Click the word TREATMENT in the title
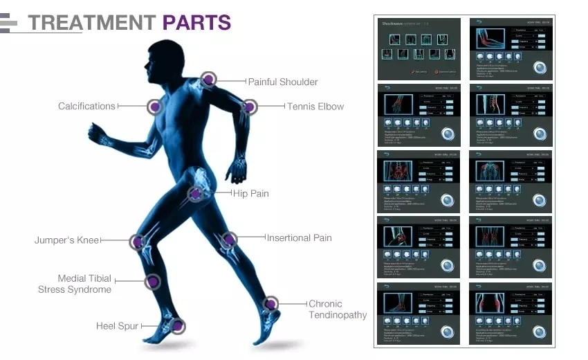(93, 22)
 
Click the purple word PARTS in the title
(196, 22)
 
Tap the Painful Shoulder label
(283, 82)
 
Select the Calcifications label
(86, 106)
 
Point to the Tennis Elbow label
(315, 107)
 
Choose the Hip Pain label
(250, 194)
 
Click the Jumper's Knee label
(67, 240)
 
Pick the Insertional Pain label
(299, 237)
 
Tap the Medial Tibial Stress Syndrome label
(75, 284)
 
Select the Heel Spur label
(117, 325)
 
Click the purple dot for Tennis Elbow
(249, 107)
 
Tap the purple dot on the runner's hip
(196, 194)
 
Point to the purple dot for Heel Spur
(177, 325)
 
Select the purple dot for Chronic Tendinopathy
(271, 303)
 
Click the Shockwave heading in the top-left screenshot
(392, 24)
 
